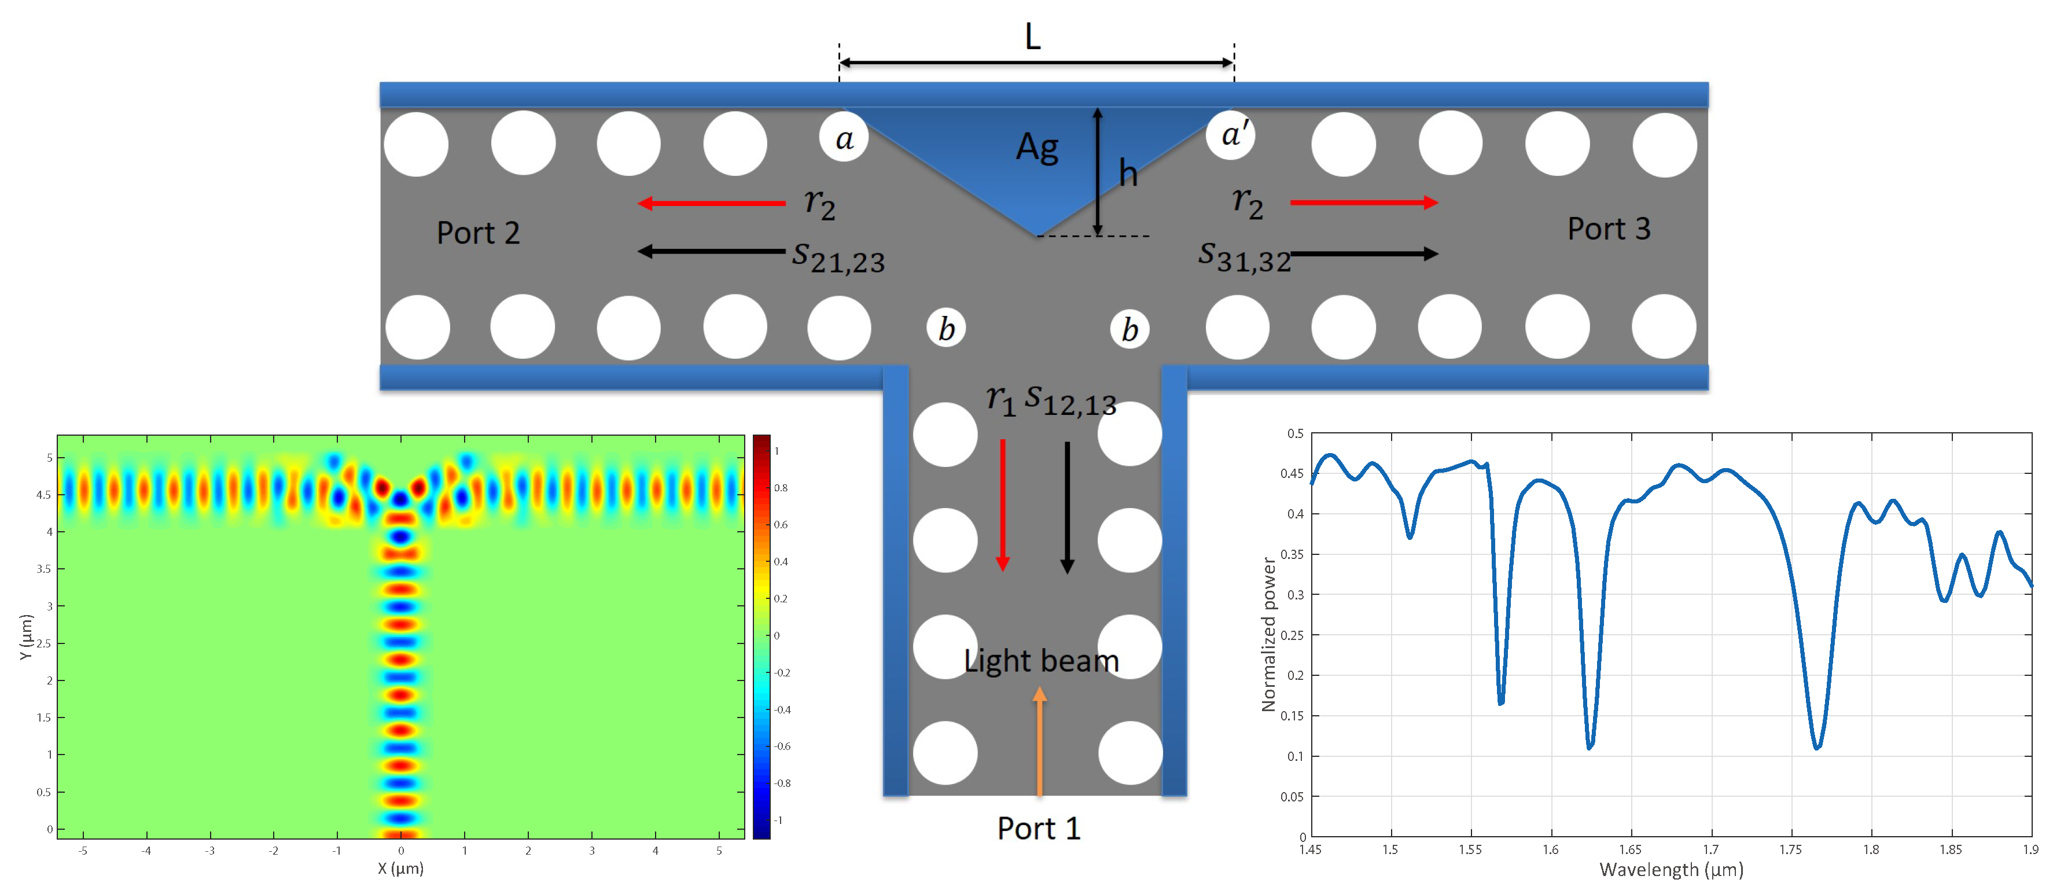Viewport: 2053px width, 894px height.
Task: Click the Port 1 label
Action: point(1039,829)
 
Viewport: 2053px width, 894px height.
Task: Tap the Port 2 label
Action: point(478,233)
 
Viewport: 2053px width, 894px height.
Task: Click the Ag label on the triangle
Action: point(1037,148)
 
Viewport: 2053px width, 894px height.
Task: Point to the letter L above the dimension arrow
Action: point(1033,36)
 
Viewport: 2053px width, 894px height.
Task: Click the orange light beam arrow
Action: point(1039,741)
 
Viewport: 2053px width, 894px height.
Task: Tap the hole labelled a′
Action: point(1232,135)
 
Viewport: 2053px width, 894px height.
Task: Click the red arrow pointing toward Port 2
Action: point(712,203)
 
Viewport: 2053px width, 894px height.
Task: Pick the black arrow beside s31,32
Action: point(1364,253)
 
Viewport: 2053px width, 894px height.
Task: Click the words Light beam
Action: point(1041,661)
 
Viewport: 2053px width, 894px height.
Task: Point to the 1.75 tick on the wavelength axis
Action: point(1790,849)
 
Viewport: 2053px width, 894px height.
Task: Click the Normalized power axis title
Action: point(1268,634)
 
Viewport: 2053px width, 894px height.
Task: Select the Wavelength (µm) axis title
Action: point(1671,870)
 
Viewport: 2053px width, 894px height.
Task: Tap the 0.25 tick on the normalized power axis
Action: point(1291,635)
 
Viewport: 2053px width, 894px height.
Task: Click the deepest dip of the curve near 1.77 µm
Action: point(1817,748)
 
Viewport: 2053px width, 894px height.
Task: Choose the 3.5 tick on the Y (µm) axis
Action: point(45,569)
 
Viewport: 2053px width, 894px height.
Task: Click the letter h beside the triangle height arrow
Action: point(1128,173)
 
